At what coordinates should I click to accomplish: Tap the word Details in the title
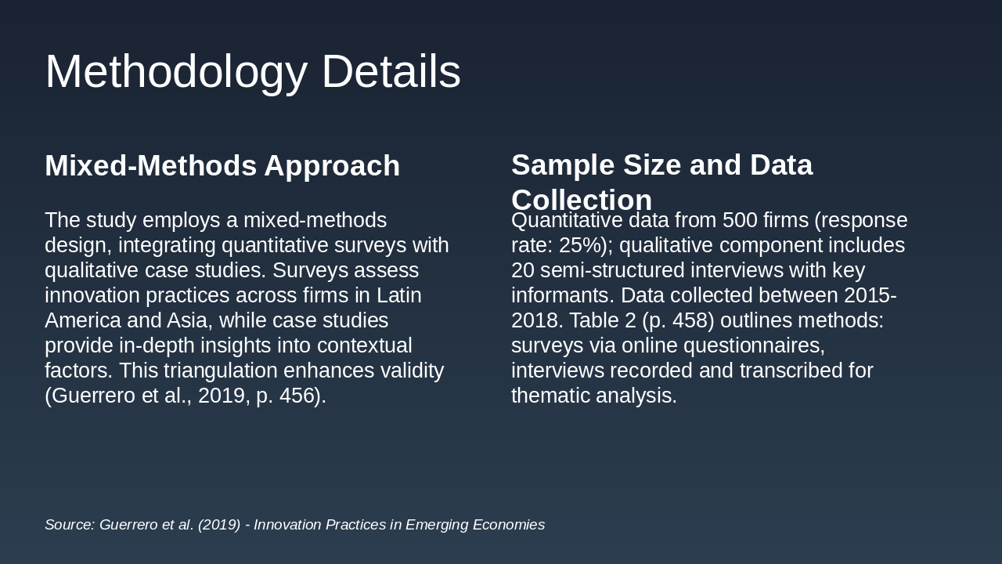pyautogui.click(x=391, y=71)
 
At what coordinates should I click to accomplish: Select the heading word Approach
pyautogui.click(x=332, y=167)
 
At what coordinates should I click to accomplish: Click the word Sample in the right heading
pyautogui.click(x=563, y=165)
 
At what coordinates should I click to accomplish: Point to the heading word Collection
pyautogui.click(x=582, y=200)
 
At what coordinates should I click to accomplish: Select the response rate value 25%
pyautogui.click(x=580, y=245)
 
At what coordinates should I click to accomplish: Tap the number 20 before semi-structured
pyautogui.click(x=522, y=270)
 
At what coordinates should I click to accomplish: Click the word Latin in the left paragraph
pyautogui.click(x=399, y=295)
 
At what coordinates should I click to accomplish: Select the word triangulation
pyautogui.click(x=221, y=371)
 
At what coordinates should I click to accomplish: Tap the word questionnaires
pyautogui.click(x=754, y=346)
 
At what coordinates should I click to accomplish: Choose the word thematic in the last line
pyautogui.click(x=550, y=396)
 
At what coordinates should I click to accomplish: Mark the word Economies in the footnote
pyautogui.click(x=509, y=525)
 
